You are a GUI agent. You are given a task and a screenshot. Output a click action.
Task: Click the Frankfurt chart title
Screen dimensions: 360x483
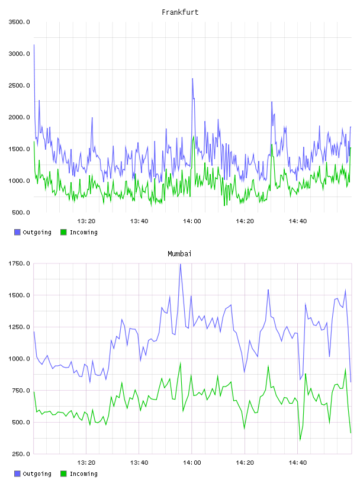tap(180, 12)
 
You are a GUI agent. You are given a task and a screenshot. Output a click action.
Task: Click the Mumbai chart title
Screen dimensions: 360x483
tap(179, 254)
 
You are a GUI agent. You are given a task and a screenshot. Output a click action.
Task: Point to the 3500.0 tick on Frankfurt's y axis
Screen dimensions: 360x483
tap(19, 22)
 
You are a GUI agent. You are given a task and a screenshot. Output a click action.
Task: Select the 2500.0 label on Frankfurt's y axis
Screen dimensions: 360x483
tap(19, 85)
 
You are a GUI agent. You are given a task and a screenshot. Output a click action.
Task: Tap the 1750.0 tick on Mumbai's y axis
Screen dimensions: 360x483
tap(19, 263)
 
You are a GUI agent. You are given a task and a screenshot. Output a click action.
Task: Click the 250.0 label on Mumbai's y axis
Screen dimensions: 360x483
tap(21, 454)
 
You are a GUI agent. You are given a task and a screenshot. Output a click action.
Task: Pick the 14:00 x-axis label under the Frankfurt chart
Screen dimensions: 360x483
tap(192, 221)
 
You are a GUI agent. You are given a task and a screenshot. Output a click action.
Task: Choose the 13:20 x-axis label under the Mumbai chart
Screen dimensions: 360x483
tap(86, 462)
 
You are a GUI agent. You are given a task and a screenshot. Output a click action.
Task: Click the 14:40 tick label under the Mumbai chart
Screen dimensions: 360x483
tap(298, 462)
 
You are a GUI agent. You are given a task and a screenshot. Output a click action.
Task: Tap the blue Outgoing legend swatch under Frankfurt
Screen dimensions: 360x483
tap(17, 232)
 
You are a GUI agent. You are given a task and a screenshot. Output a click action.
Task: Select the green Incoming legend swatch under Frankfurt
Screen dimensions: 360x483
tap(63, 232)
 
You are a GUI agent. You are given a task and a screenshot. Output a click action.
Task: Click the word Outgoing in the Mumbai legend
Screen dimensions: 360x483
tap(37, 474)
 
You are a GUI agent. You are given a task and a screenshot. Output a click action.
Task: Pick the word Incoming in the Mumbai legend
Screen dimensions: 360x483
tap(83, 474)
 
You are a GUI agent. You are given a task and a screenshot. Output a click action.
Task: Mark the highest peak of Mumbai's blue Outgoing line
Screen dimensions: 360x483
tap(181, 265)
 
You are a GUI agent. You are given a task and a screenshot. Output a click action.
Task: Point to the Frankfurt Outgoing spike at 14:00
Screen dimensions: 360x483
tap(192, 79)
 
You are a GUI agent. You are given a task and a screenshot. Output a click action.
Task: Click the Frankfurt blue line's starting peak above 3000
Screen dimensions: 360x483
tap(34, 45)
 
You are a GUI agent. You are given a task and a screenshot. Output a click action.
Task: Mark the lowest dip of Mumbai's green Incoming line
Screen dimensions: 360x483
tap(300, 440)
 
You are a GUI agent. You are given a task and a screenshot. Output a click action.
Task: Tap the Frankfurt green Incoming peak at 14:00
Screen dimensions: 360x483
tap(193, 137)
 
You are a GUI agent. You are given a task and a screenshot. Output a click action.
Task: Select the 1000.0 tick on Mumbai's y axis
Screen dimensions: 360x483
tap(19, 359)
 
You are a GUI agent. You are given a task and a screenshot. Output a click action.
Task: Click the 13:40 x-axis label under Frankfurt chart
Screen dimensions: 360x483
tap(139, 221)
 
